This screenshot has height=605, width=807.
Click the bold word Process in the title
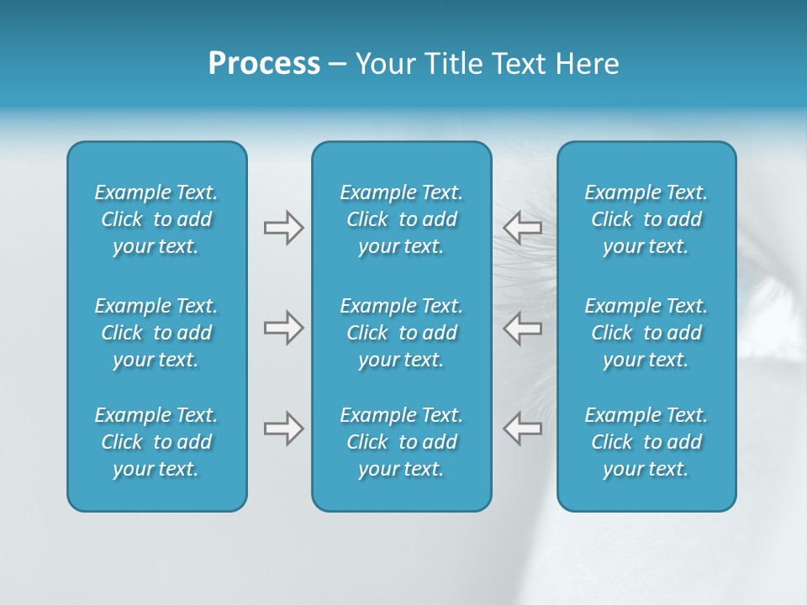pos(264,64)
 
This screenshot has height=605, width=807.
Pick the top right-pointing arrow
pos(283,228)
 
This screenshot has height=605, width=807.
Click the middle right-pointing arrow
pos(283,328)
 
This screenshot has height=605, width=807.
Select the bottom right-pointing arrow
pos(283,429)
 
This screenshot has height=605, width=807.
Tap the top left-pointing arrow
pos(523,228)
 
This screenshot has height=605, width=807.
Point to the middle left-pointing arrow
pos(523,328)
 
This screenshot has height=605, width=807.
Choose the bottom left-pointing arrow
pos(523,429)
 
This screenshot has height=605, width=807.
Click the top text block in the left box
pos(156,219)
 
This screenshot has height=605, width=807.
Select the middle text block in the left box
pos(156,333)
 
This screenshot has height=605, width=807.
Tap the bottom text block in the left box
pos(156,442)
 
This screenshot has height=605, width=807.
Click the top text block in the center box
pos(402,219)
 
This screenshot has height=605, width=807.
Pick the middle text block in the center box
pos(402,333)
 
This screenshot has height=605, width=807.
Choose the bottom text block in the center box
pos(402,442)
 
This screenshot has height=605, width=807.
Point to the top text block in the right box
pos(646,219)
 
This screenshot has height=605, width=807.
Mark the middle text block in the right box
pos(646,333)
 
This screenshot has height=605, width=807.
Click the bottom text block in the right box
pos(646,442)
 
